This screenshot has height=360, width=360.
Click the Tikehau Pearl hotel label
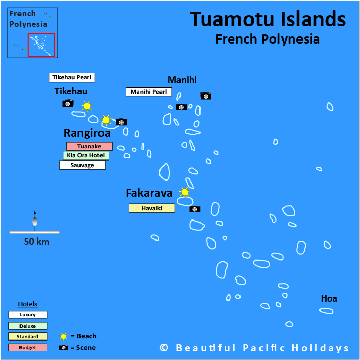point(72,77)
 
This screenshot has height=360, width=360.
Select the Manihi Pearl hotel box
point(149,92)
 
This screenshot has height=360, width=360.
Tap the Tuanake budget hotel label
point(89,146)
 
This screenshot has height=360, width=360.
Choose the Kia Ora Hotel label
point(86,155)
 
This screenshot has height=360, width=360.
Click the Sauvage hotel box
point(83,165)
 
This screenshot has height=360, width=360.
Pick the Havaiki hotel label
point(152,208)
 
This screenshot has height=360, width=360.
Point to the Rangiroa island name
point(87,133)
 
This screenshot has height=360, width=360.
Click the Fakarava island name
point(149,193)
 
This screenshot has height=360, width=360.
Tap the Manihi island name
point(182,79)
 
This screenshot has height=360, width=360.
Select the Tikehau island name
point(71,91)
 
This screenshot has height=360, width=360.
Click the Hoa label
point(329,298)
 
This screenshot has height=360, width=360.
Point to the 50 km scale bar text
point(36,242)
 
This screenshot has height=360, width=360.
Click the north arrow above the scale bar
point(35,219)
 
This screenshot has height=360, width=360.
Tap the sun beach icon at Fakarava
point(185,192)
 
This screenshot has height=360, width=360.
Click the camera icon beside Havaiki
point(195,209)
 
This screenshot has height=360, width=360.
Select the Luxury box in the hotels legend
point(28,315)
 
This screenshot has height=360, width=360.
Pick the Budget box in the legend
point(28,348)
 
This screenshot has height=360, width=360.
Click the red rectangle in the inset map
point(41,45)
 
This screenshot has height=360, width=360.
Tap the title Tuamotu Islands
point(268,19)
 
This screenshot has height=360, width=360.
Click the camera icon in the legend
point(64,348)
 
